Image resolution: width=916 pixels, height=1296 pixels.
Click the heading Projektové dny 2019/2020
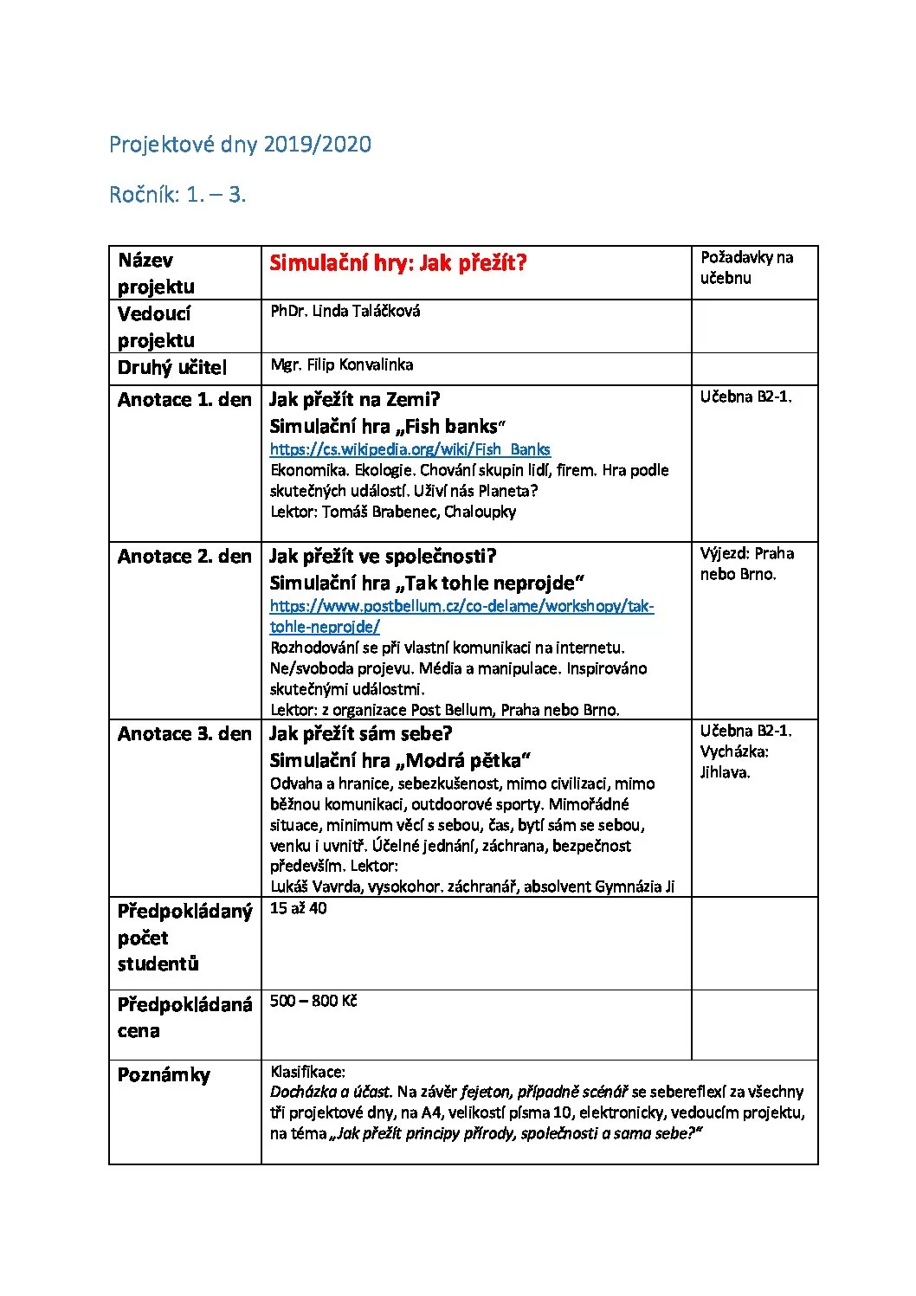pos(240,145)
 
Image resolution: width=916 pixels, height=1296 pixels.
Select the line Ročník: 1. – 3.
pos(177,195)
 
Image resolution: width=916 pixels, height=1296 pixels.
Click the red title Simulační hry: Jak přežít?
pos(397,263)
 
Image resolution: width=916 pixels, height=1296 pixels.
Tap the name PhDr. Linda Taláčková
pos(345,311)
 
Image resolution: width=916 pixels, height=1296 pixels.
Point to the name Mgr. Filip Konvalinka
pos(341,364)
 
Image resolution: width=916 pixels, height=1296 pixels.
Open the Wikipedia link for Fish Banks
pos(410,449)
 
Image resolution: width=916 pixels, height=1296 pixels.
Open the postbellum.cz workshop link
pos(461,606)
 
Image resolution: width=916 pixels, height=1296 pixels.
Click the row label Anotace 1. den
pos(184,400)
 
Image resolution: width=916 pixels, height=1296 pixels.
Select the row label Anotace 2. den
pos(184,557)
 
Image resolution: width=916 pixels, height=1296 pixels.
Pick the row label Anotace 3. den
pos(184,734)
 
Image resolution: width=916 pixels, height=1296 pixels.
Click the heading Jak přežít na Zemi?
pos(354,400)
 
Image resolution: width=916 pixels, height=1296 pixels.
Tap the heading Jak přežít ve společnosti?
pos(383,557)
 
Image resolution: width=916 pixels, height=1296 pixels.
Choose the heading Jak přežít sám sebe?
pos(360,734)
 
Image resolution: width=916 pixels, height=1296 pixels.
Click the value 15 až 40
pos(298,908)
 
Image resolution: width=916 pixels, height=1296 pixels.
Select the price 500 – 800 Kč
pos(313,1001)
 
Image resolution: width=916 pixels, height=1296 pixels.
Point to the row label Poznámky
pos(164,1075)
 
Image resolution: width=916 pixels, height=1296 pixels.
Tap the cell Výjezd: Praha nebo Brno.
pos(746,564)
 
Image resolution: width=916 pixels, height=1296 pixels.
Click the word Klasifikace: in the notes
pos(307,1072)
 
